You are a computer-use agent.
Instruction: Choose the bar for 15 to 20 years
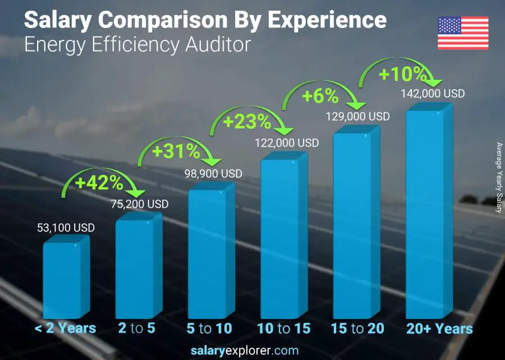(352, 225)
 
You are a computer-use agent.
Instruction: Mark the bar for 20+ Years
(425, 214)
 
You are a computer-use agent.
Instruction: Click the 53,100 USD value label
(65, 228)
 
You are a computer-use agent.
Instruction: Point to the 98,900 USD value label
(213, 174)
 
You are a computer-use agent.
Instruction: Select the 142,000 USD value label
(433, 94)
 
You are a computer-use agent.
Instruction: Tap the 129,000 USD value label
(358, 116)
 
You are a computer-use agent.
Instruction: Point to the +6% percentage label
(320, 96)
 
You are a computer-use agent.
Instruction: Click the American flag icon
(463, 33)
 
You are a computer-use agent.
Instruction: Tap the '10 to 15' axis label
(283, 329)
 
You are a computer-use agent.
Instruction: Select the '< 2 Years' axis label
(65, 329)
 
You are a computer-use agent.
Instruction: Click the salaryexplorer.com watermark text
(252, 350)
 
